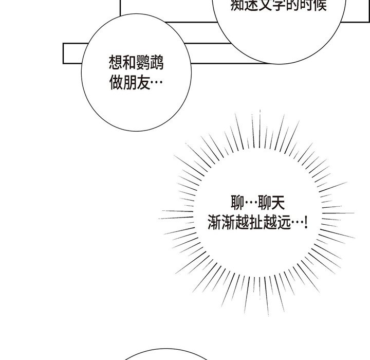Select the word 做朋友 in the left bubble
pyautogui.click(x=128, y=83)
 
